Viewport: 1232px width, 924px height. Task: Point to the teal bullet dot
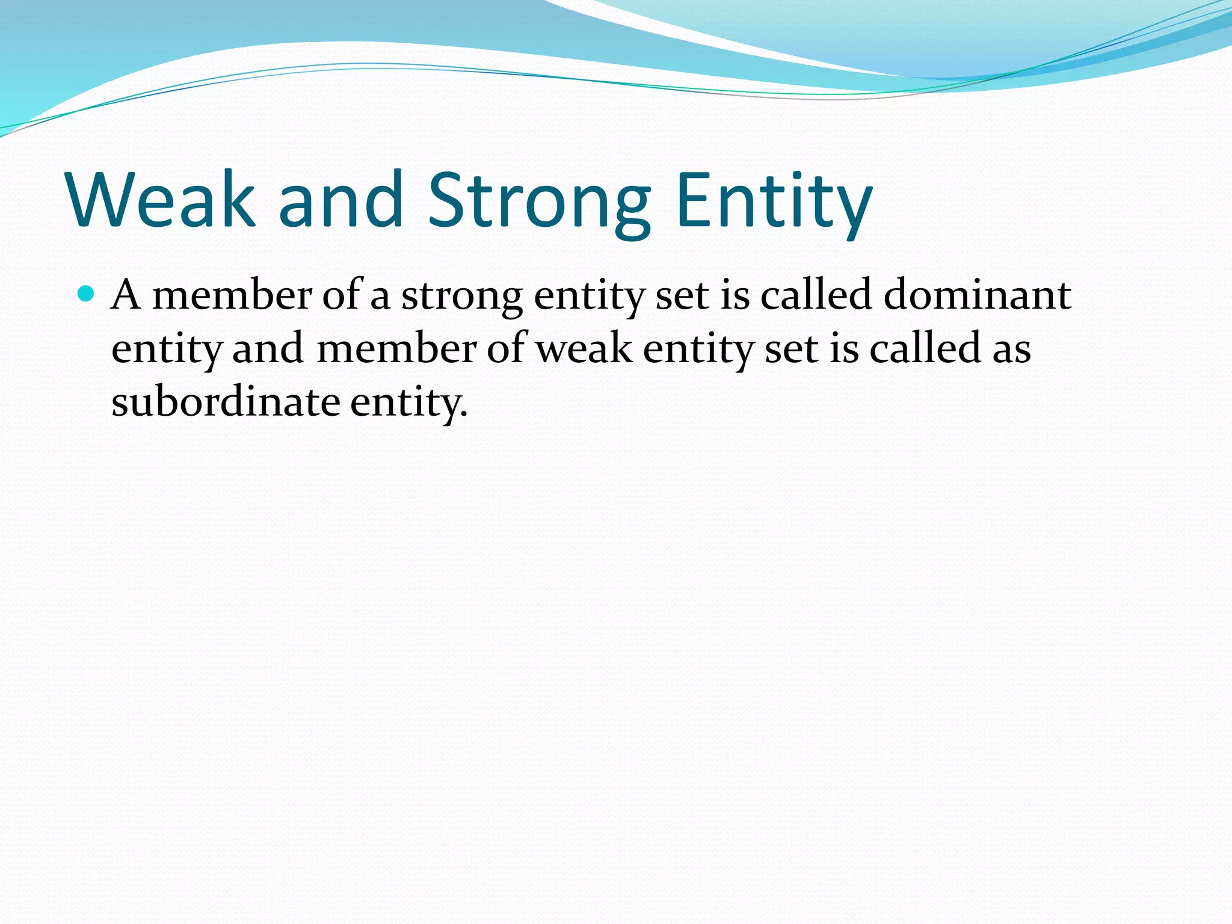point(87,294)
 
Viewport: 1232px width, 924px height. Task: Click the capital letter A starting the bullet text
point(126,295)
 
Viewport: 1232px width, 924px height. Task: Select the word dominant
point(977,295)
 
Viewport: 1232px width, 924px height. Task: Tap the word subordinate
point(226,402)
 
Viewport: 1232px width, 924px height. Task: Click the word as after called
point(1011,350)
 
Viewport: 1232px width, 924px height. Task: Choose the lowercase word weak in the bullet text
point(584,350)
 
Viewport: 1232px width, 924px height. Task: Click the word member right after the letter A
point(232,295)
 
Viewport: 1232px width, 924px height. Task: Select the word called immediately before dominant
point(816,295)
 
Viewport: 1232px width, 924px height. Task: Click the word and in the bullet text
point(268,350)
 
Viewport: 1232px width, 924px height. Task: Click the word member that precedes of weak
point(396,350)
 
